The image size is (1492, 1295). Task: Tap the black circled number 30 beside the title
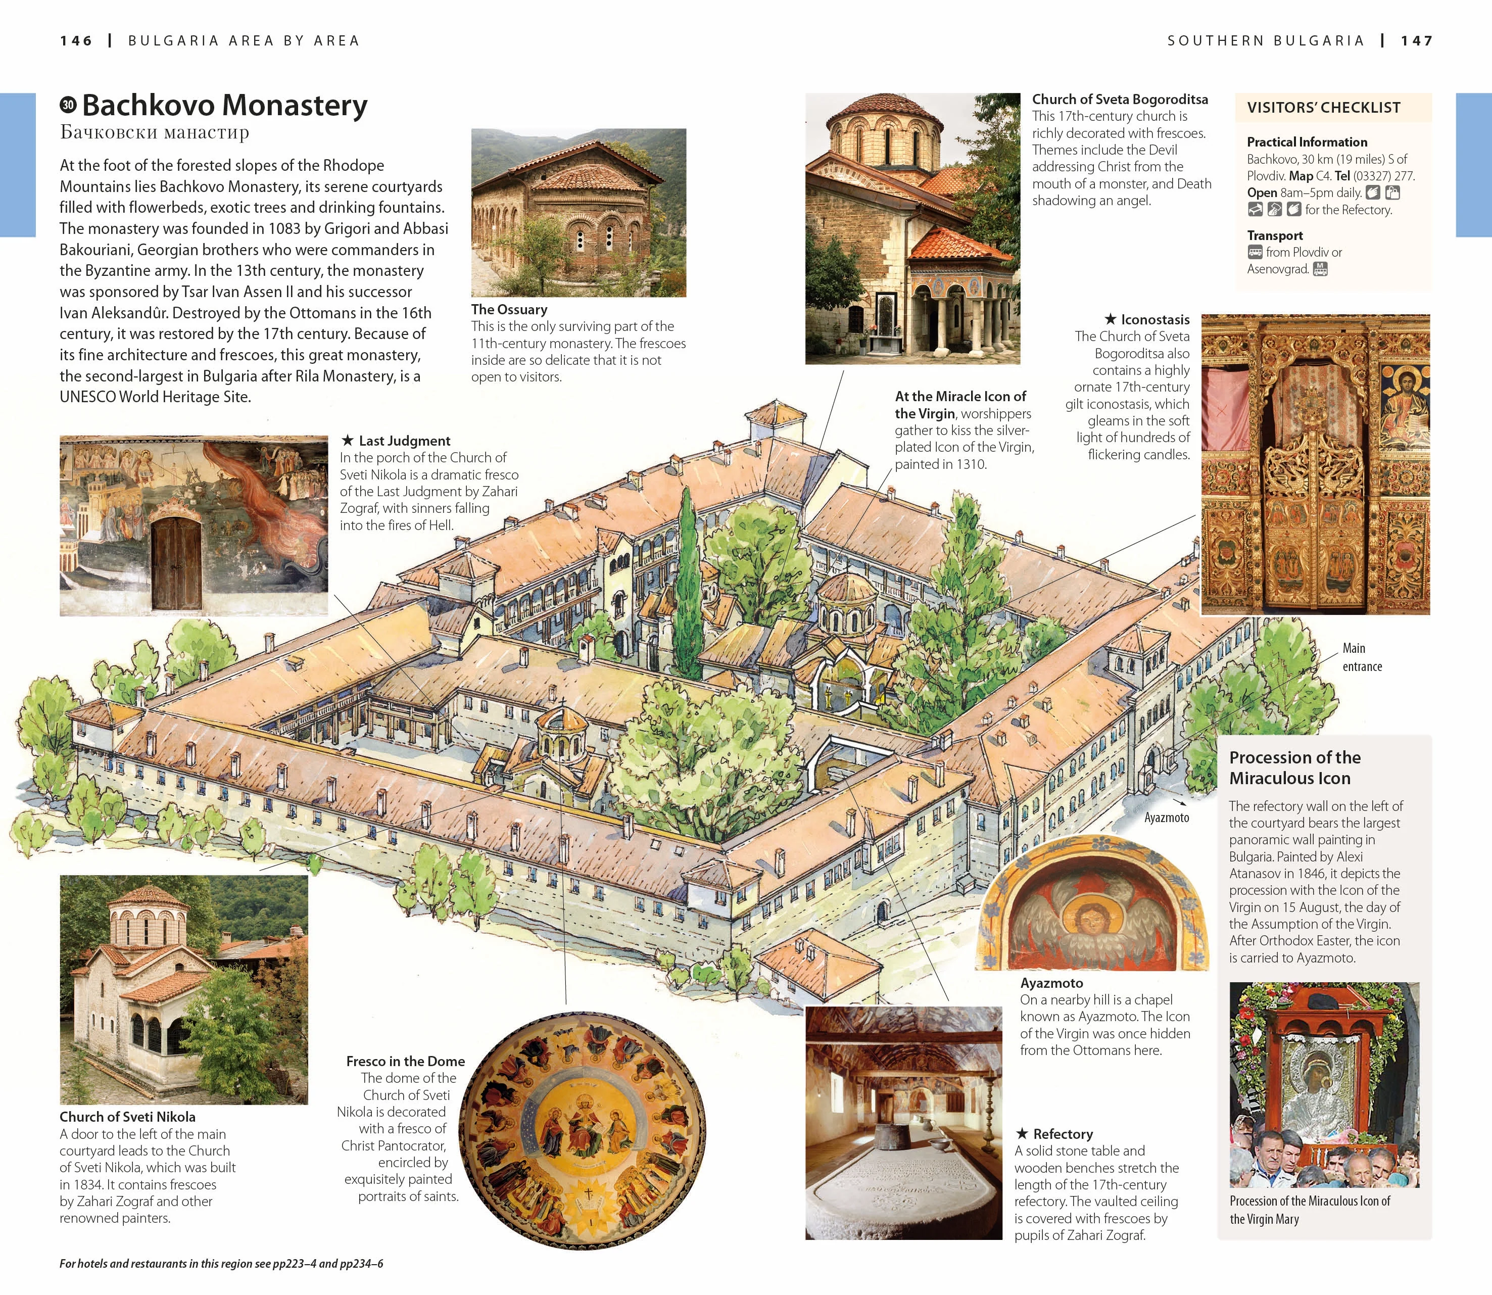68,105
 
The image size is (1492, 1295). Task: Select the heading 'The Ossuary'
509,309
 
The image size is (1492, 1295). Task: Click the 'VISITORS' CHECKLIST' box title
1324,108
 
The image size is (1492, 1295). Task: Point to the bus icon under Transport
1255,252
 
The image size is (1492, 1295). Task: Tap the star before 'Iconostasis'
1111,319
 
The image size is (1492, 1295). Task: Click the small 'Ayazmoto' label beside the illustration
1166,818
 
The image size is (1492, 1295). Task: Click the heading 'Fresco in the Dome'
405,1061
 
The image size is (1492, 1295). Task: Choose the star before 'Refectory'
1022,1133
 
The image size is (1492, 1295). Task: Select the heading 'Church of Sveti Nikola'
127,1117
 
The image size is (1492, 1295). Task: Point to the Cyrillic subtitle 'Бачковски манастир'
155,132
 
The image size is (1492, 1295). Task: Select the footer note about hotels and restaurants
221,1264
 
